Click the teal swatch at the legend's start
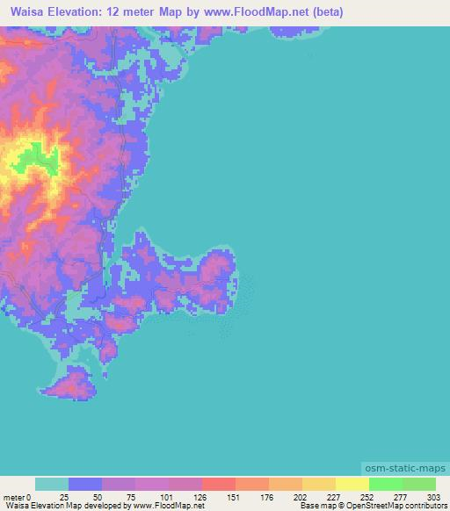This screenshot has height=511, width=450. (x=52, y=485)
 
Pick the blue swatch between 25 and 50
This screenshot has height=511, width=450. (x=85, y=485)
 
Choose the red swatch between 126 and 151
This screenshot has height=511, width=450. (x=219, y=485)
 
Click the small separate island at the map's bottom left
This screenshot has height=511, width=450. (x=75, y=385)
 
